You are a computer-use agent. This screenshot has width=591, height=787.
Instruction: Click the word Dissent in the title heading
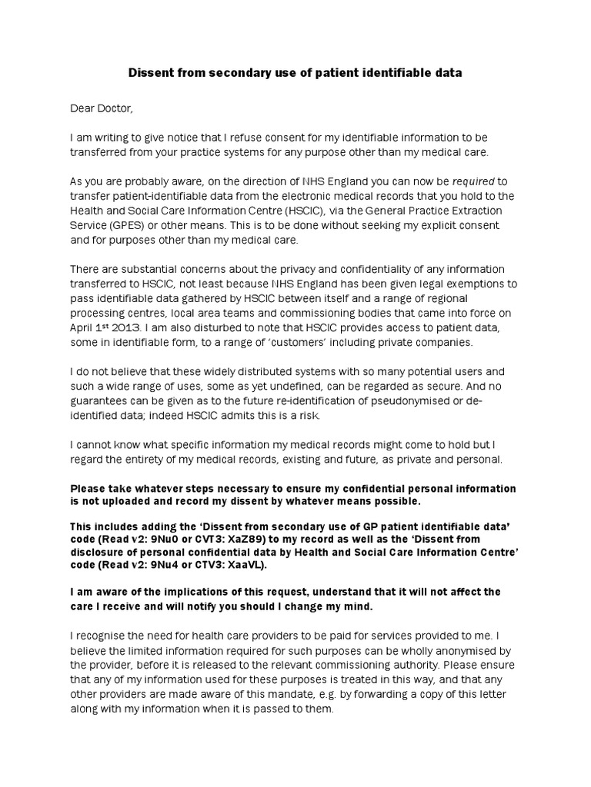pos(148,73)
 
